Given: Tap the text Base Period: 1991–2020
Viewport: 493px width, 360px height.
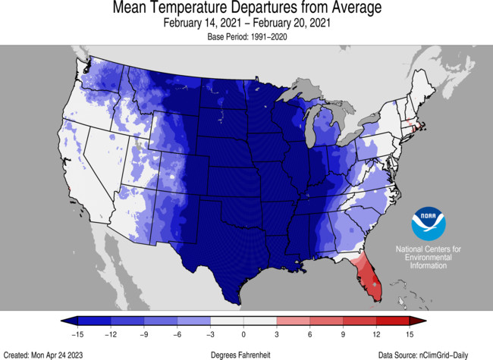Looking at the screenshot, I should (246, 36).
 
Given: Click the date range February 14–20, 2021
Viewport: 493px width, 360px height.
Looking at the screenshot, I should (246, 23).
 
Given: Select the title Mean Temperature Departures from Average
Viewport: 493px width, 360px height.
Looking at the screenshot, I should (246, 8).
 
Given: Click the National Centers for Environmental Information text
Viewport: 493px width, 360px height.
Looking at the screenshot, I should (429, 258).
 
